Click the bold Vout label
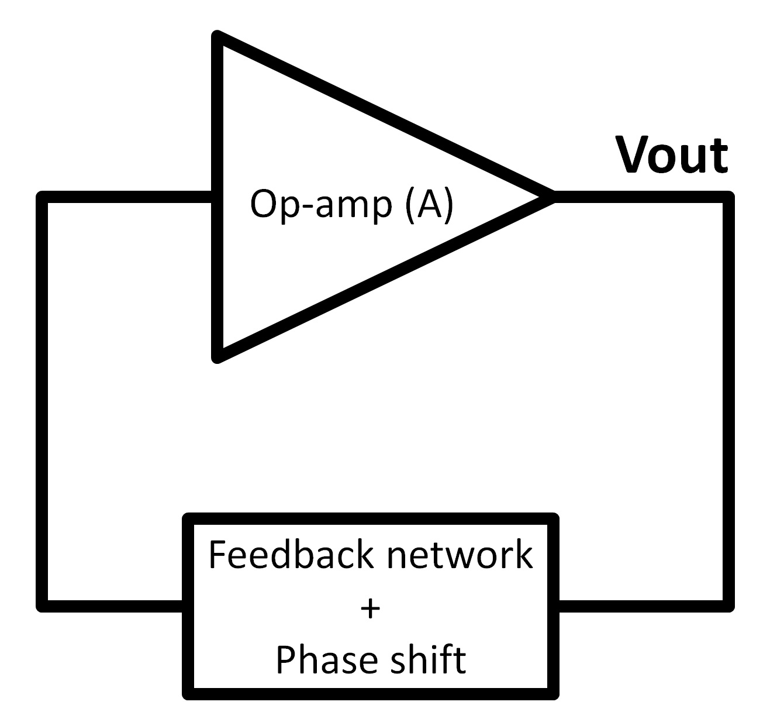click(x=672, y=156)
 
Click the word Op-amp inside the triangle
click(x=320, y=204)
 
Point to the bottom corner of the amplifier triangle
click(x=218, y=357)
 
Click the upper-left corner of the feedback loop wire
click(x=42, y=197)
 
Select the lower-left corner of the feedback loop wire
click(x=42, y=606)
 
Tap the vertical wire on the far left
click(x=42, y=404)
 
